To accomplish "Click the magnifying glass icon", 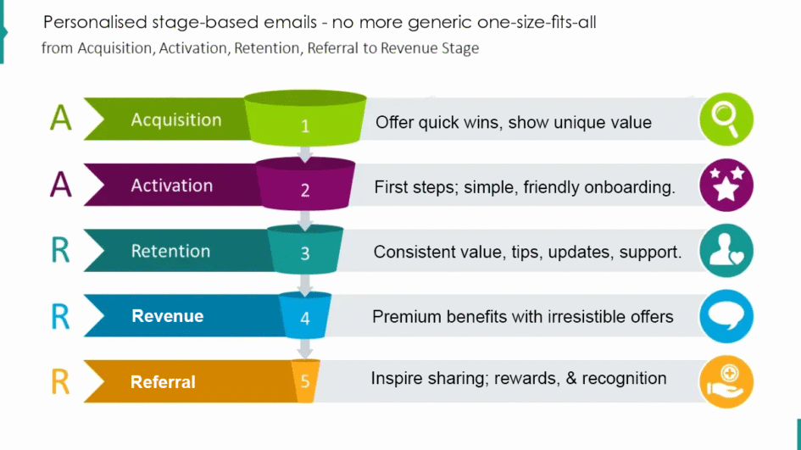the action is point(726,119).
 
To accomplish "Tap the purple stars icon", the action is point(726,185).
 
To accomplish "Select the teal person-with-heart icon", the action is point(726,250).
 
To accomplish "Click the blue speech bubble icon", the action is point(726,316).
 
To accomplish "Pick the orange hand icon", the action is point(726,381).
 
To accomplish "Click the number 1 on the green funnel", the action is point(305,125).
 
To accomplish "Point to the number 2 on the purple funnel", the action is point(305,191).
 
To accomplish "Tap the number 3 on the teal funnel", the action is point(305,253).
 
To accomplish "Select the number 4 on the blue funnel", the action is point(305,318).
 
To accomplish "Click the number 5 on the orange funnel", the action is point(305,381).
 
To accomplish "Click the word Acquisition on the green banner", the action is point(176,120).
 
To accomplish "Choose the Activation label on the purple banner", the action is point(171,186).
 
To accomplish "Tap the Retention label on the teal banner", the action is point(170,251).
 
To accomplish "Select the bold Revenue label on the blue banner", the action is point(168,316).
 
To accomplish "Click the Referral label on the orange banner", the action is point(163,382).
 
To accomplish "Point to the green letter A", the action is point(61,118).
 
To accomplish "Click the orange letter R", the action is point(60,381).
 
